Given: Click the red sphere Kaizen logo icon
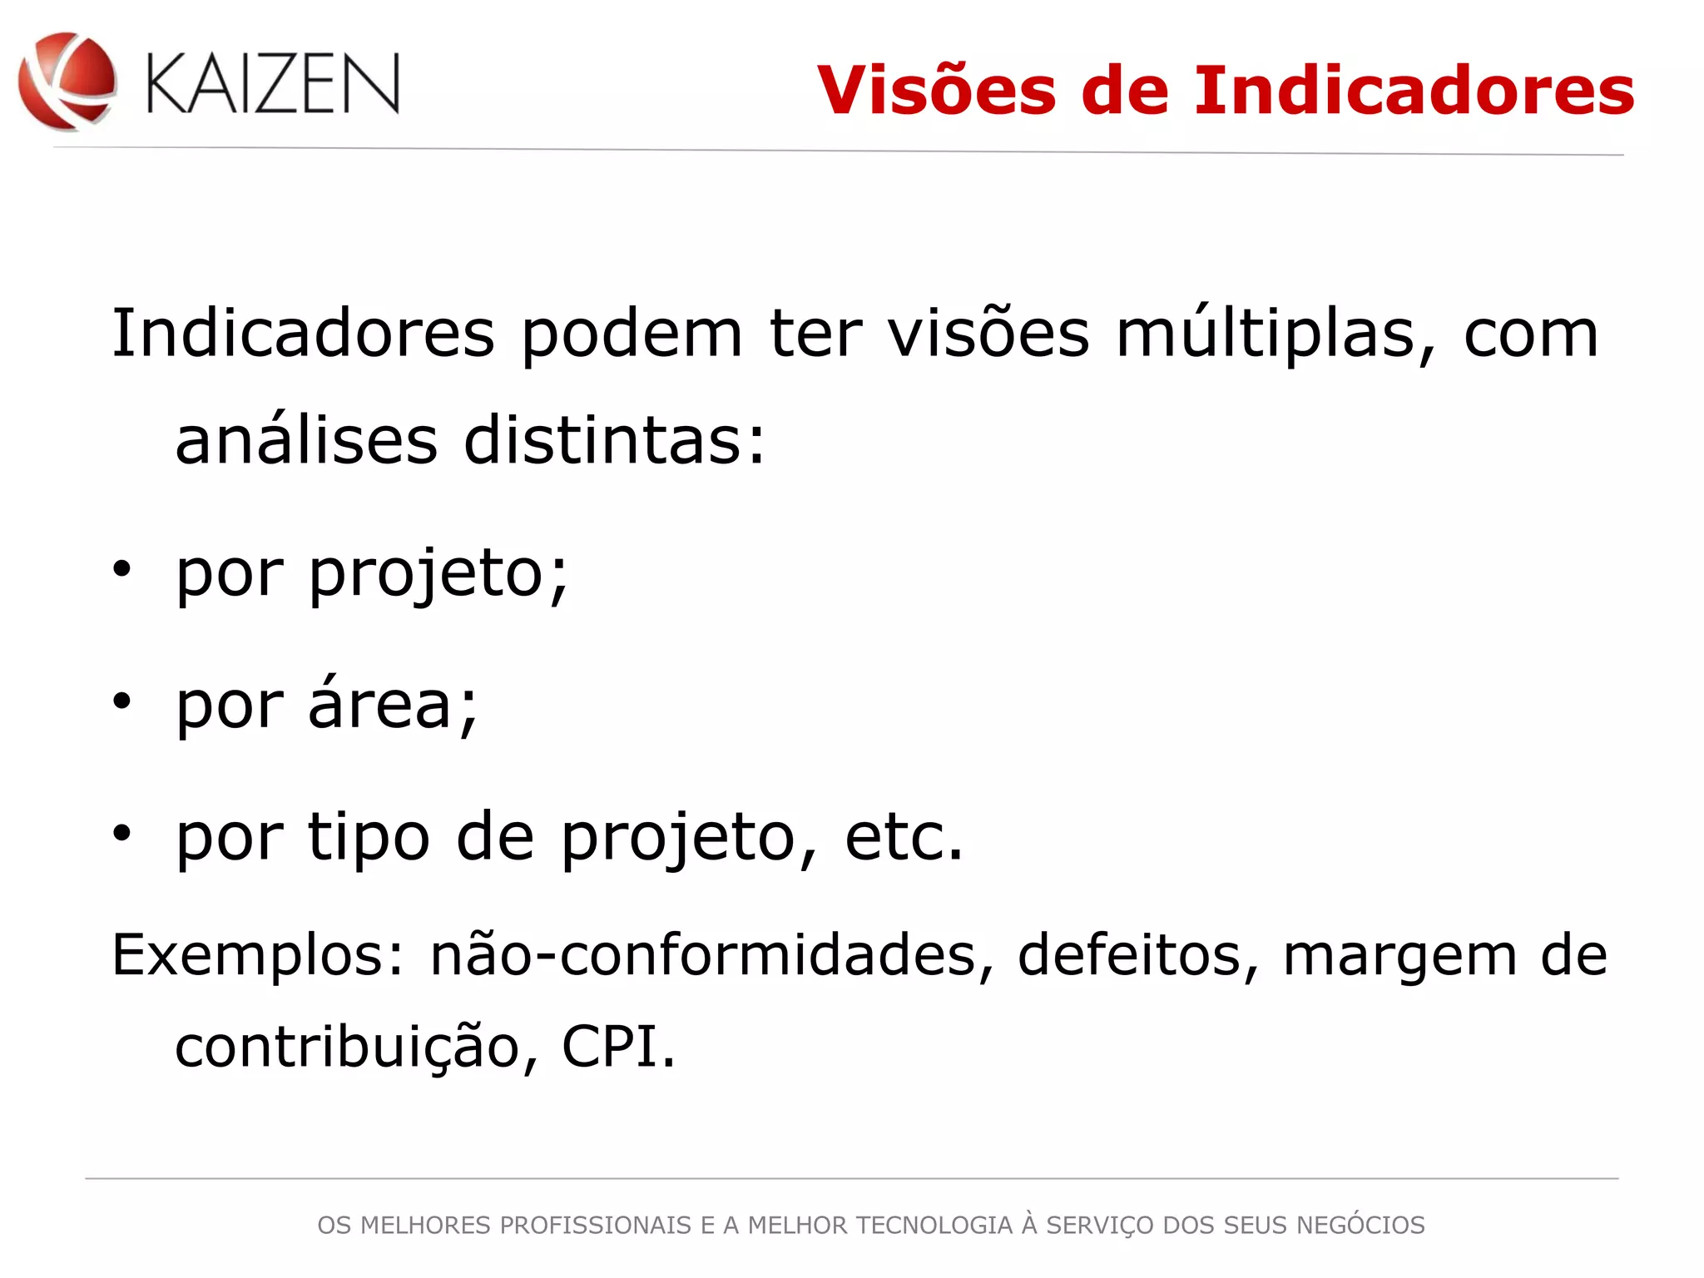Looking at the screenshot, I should (x=67, y=82).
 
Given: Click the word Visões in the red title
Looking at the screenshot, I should (x=936, y=90).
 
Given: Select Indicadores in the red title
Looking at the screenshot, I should (x=1414, y=90).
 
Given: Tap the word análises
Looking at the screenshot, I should (x=306, y=440).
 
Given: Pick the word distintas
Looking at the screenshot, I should (x=614, y=440).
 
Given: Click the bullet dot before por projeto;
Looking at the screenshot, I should (x=122, y=570).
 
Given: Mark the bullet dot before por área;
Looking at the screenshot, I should (x=122, y=701).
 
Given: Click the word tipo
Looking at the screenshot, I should (x=369, y=836).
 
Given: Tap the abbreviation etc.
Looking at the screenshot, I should (x=904, y=836).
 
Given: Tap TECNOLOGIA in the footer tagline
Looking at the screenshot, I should (x=934, y=1226).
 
